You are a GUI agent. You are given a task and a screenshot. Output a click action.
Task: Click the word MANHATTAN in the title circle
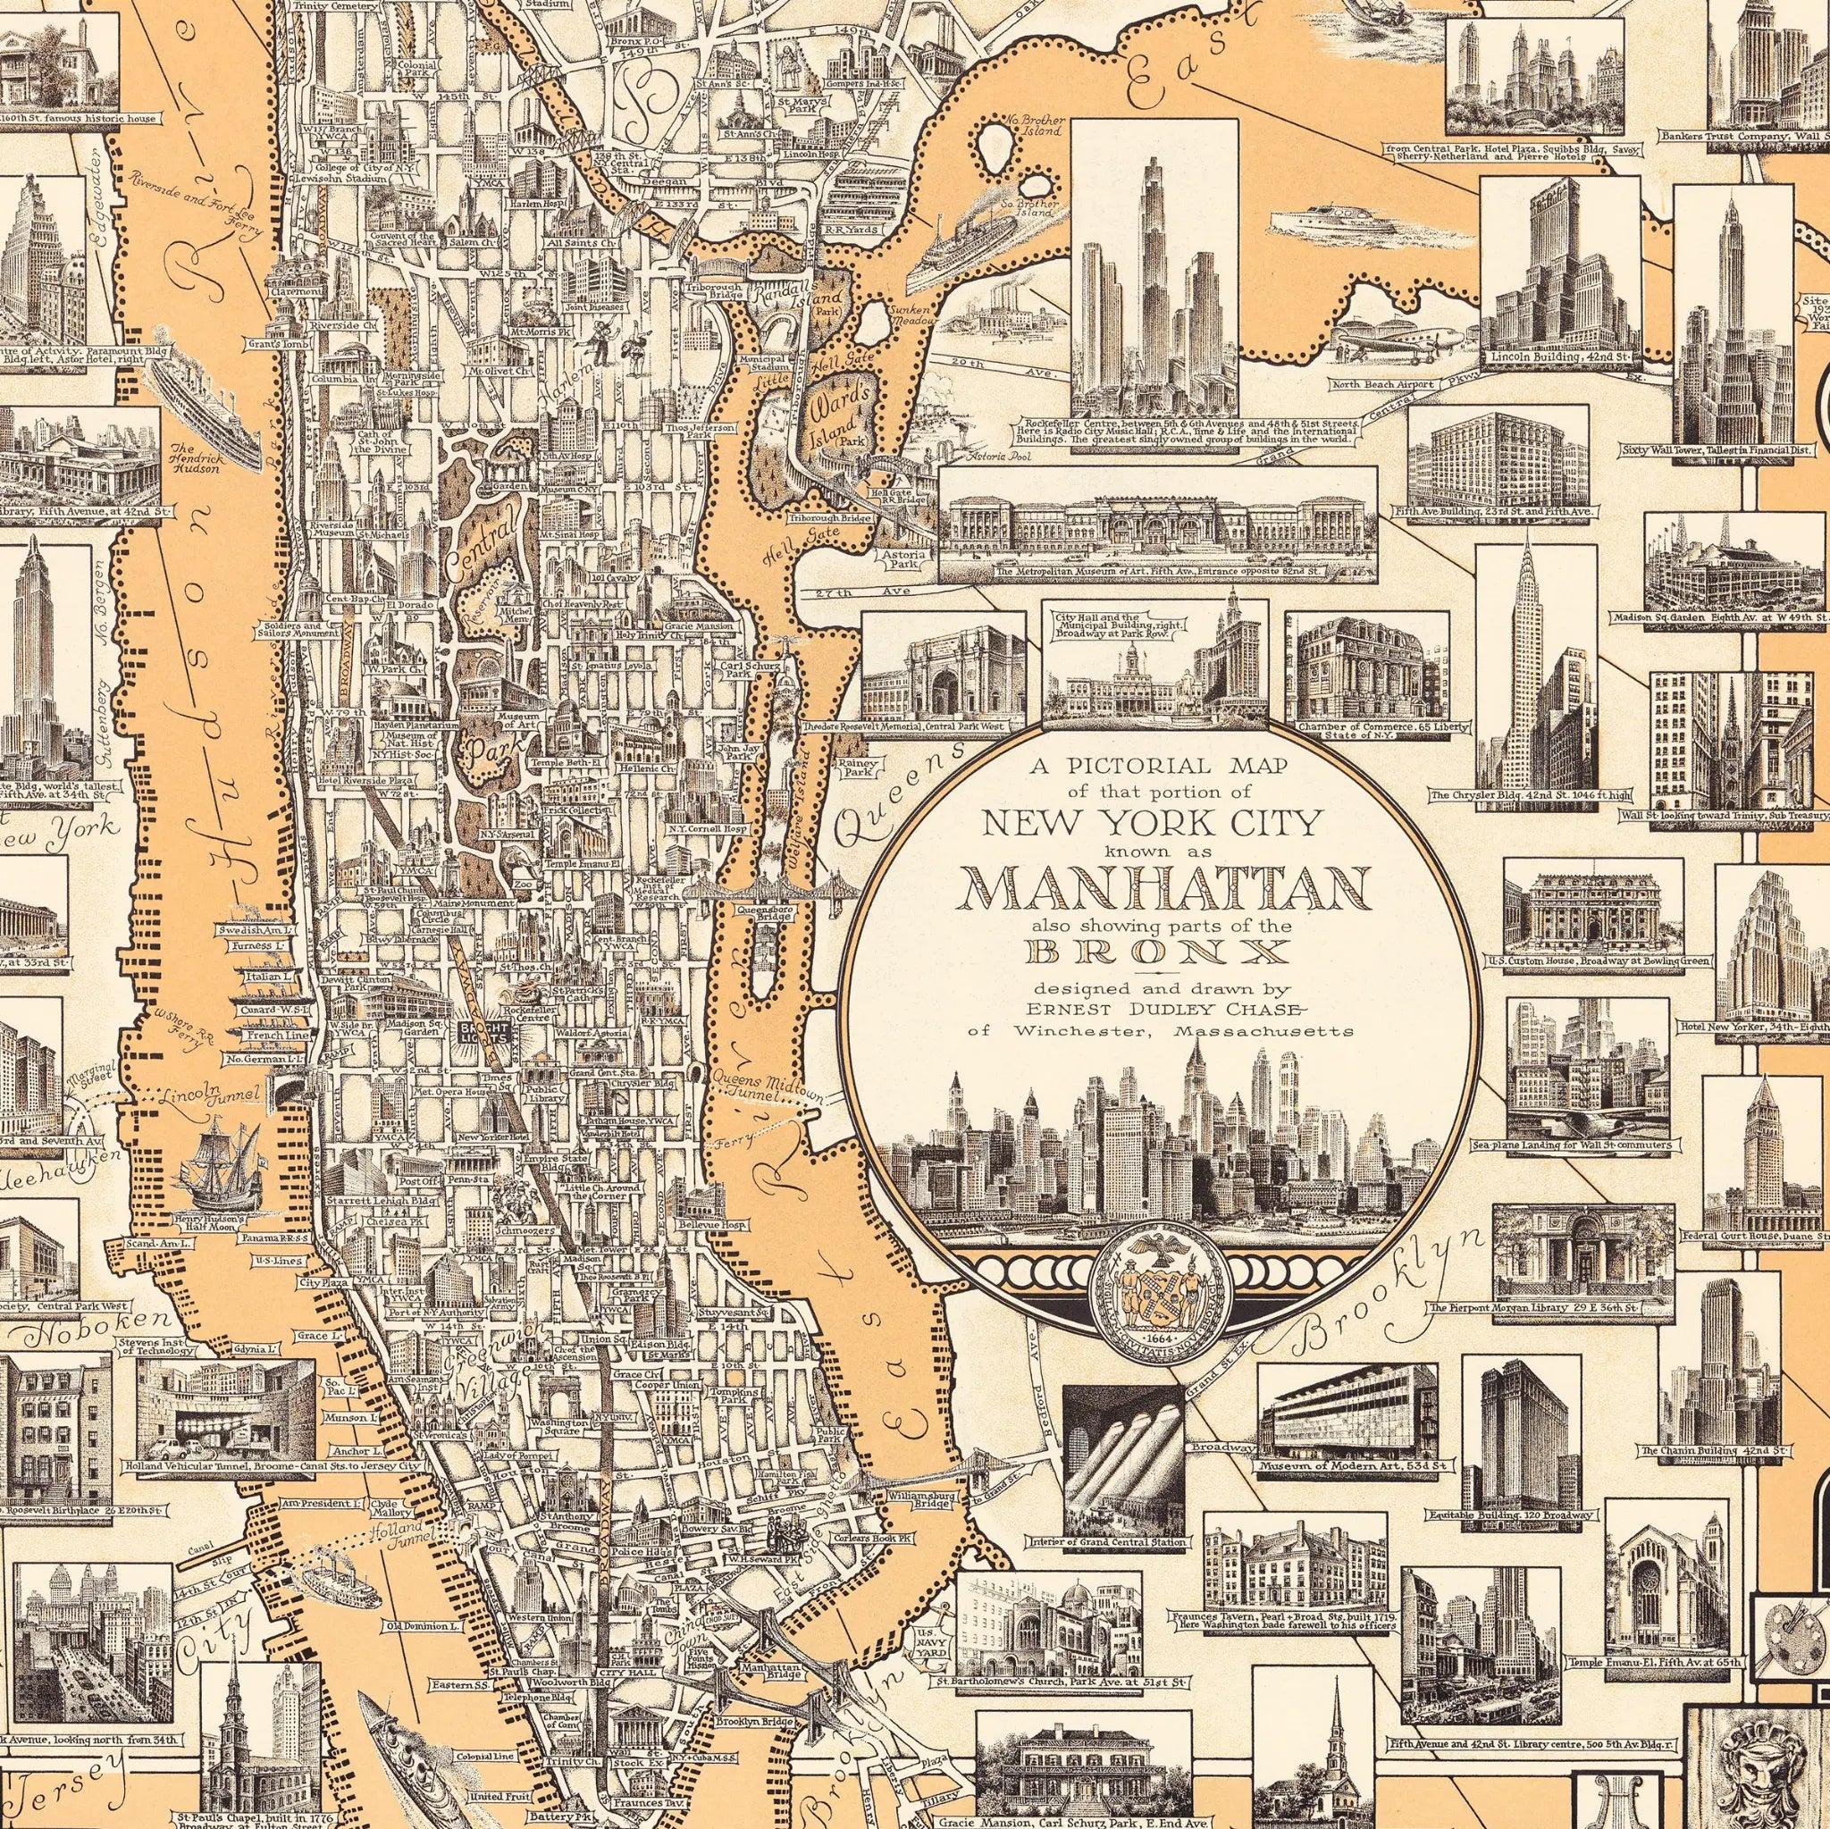[1164, 887]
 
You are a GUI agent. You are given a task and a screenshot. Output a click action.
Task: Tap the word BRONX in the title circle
[1164, 952]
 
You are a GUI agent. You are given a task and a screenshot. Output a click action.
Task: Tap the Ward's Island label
[837, 405]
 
